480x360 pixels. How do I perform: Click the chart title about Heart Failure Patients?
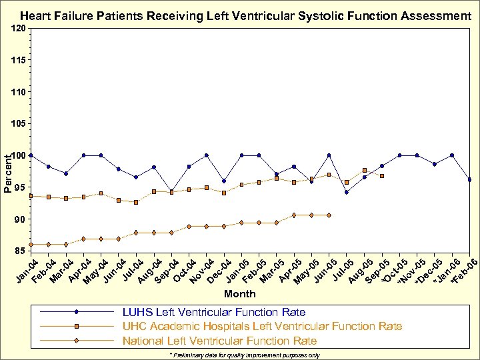245,15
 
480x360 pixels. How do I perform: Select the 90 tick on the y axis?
20,219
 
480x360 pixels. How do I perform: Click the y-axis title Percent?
7,173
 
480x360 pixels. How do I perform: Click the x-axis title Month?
240,293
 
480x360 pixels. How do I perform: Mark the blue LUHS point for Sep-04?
171,191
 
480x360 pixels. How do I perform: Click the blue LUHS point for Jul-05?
347,192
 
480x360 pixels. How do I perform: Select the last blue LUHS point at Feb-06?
470,179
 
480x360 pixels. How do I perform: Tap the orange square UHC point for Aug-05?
364,170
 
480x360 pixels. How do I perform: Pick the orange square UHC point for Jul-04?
136,202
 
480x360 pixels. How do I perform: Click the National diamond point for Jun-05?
329,215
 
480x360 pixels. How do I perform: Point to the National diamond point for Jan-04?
31,244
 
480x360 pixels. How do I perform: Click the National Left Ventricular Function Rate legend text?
219,341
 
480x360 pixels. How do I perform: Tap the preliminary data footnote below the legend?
245,355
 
